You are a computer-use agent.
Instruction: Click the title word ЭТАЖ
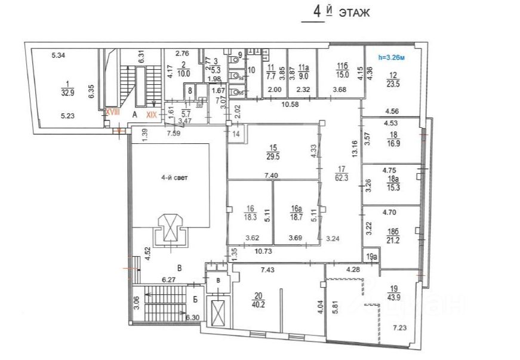(x=354, y=13)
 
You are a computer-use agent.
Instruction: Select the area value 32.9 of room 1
(x=67, y=93)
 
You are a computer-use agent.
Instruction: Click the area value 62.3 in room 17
(x=342, y=177)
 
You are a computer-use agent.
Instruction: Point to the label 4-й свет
(x=173, y=177)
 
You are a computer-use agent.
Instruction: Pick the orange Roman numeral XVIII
(x=113, y=112)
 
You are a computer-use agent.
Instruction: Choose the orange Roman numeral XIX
(x=152, y=116)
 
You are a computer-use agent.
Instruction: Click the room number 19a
(x=371, y=257)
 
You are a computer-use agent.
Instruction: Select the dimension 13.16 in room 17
(x=356, y=147)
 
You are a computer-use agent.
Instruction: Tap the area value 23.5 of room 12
(x=392, y=84)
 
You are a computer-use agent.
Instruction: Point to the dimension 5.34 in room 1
(x=58, y=56)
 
